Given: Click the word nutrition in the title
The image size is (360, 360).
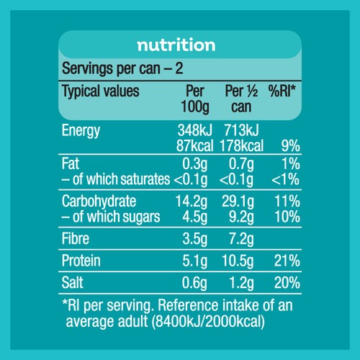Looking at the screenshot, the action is tap(176, 45).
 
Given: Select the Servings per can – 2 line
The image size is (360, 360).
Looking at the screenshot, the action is tap(122, 68).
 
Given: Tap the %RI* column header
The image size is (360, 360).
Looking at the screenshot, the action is tap(282, 91).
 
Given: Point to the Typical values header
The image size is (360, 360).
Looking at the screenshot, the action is tap(101, 91).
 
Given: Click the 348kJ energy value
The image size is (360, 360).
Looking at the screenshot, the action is tap(195, 130).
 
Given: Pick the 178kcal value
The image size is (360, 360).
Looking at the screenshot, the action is tap(241, 145).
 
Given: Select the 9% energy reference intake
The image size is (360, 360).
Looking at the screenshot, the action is tap(290, 145).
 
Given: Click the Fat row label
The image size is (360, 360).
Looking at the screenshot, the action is tap(70, 163).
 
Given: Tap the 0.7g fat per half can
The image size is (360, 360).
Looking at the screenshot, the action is tap(241, 164).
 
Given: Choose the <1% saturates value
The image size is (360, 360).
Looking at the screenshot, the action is tap(286, 179).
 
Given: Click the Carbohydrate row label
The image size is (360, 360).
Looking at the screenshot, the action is tap(99, 202).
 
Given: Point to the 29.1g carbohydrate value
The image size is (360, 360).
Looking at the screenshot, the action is tap(238, 202).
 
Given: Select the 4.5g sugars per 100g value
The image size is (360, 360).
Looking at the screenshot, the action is tap(194, 217).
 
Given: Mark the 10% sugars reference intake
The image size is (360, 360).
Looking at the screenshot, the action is tap(287, 217).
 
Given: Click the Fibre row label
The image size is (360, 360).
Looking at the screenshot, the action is tap(76, 238).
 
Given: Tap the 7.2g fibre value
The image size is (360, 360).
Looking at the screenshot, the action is tap(241, 239).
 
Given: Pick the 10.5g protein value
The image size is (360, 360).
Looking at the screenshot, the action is tap(238, 261).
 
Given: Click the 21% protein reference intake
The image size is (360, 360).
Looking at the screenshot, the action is tap(287, 261).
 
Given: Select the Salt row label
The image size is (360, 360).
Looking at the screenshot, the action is tap(72, 282).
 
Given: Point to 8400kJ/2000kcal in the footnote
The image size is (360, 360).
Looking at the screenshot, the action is tap(208, 322).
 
